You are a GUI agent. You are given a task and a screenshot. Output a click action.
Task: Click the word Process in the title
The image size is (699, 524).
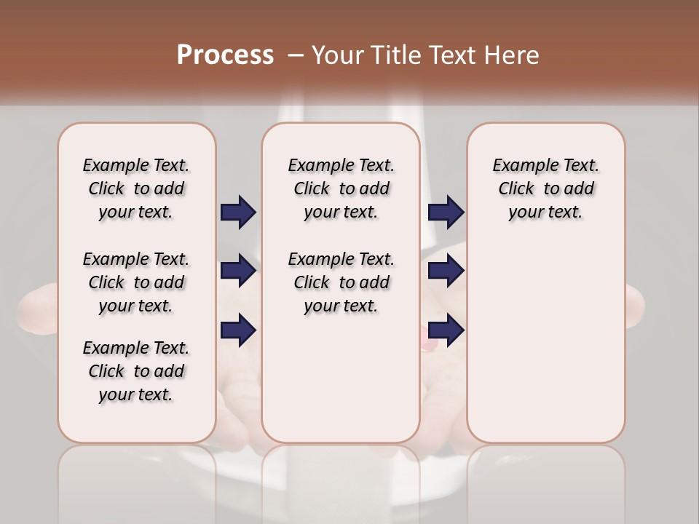coord(225,55)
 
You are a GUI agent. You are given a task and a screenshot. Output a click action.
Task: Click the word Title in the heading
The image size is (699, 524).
coord(392,55)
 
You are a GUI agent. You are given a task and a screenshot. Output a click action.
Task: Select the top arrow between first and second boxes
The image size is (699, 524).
coord(238,212)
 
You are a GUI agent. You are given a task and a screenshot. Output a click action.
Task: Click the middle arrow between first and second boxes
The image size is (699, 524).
coord(238,271)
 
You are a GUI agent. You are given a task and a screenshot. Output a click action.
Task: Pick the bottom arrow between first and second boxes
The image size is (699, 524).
coord(238,330)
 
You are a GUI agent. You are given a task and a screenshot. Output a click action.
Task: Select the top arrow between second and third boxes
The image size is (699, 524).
coord(446,212)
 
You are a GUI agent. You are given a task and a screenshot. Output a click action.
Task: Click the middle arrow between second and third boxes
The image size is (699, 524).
coord(446,271)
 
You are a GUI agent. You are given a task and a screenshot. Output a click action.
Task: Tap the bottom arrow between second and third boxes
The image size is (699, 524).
coord(446,330)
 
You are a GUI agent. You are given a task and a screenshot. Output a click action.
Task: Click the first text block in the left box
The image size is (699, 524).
coord(136,188)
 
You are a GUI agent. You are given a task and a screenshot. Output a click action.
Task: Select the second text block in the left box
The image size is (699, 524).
coord(136,282)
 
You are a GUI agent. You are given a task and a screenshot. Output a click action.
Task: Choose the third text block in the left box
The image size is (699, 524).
coord(136,371)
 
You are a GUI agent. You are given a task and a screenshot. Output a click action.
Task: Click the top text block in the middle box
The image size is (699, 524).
coord(341,188)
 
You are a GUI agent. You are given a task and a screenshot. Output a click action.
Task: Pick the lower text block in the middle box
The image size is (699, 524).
coord(341,282)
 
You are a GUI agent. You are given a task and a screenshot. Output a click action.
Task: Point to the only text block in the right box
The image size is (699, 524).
coord(545,188)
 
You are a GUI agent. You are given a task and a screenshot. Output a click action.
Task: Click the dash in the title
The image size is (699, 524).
coord(296,55)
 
